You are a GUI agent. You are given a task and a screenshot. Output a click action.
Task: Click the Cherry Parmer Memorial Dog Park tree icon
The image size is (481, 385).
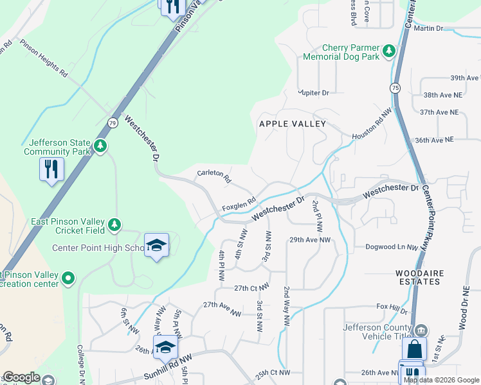tap(388, 51)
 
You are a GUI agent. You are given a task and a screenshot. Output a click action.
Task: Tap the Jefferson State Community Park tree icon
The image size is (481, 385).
tap(100, 146)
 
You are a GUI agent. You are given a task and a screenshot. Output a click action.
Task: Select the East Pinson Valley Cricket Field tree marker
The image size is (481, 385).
tap(114, 225)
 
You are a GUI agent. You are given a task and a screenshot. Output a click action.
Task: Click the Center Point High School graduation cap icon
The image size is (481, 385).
tap(156, 245)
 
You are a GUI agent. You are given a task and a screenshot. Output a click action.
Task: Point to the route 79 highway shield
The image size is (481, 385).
tap(113, 123)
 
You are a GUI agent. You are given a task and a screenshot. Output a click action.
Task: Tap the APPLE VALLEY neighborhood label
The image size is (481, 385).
tap(292, 123)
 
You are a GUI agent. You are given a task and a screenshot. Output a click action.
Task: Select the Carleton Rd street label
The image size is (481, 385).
tap(214, 176)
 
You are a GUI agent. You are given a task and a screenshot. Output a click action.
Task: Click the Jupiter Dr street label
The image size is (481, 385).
tap(313, 93)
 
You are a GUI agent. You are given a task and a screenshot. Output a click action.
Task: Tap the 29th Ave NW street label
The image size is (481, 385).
tap(309, 239)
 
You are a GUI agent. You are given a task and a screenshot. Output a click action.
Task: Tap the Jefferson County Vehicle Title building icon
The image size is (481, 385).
tap(421, 330)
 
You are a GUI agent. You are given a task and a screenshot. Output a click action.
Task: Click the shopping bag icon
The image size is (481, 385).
tap(414, 350)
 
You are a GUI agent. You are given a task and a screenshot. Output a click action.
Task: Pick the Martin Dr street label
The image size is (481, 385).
tap(429, 28)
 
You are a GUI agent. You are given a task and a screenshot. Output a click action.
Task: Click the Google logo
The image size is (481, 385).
tap(21, 377)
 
